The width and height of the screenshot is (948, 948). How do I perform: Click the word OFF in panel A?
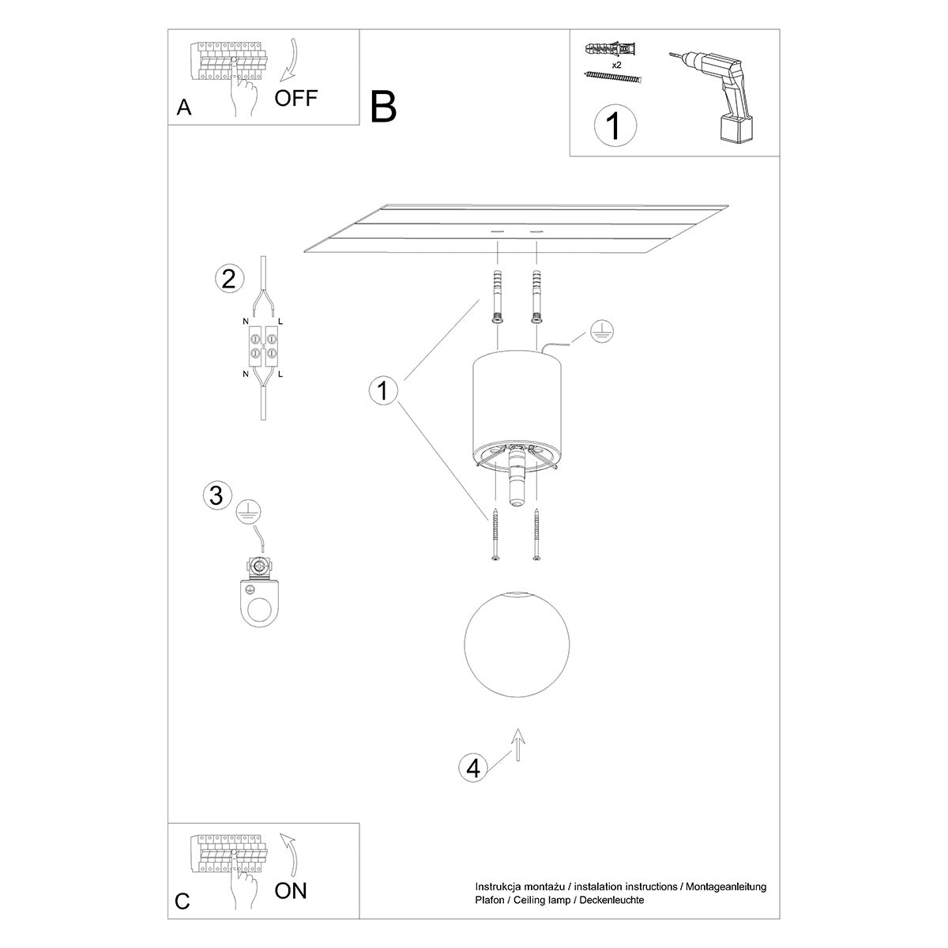[x=295, y=98]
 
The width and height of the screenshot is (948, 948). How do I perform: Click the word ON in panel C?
[x=291, y=891]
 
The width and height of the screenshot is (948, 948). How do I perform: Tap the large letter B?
[x=383, y=107]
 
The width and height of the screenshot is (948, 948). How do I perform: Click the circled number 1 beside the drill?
[x=614, y=126]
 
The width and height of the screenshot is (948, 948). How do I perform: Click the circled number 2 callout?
[x=228, y=279]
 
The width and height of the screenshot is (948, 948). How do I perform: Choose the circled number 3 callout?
[x=216, y=495]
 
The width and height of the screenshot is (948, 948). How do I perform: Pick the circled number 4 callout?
[x=472, y=768]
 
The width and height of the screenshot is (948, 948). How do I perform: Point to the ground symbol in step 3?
[x=249, y=513]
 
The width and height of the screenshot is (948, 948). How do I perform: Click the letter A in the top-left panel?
[x=184, y=108]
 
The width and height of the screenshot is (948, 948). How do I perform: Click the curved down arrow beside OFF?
[x=288, y=59]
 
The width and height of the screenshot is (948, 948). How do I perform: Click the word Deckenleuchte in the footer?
[x=611, y=900]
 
